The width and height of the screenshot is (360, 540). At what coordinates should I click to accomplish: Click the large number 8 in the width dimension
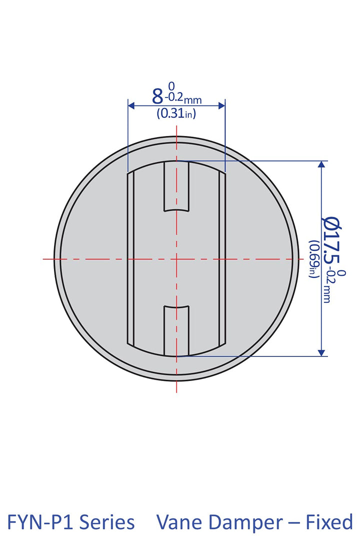pos(157,95)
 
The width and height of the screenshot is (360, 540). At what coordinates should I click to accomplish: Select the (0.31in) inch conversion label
pos(176,113)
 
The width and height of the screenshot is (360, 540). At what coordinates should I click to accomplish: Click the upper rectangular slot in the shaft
pos(177,186)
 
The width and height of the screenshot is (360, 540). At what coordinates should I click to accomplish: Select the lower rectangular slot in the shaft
pos(177,330)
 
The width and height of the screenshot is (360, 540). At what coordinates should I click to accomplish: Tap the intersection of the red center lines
pos(177,259)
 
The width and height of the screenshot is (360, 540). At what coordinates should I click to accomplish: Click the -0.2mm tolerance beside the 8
pos(183,99)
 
